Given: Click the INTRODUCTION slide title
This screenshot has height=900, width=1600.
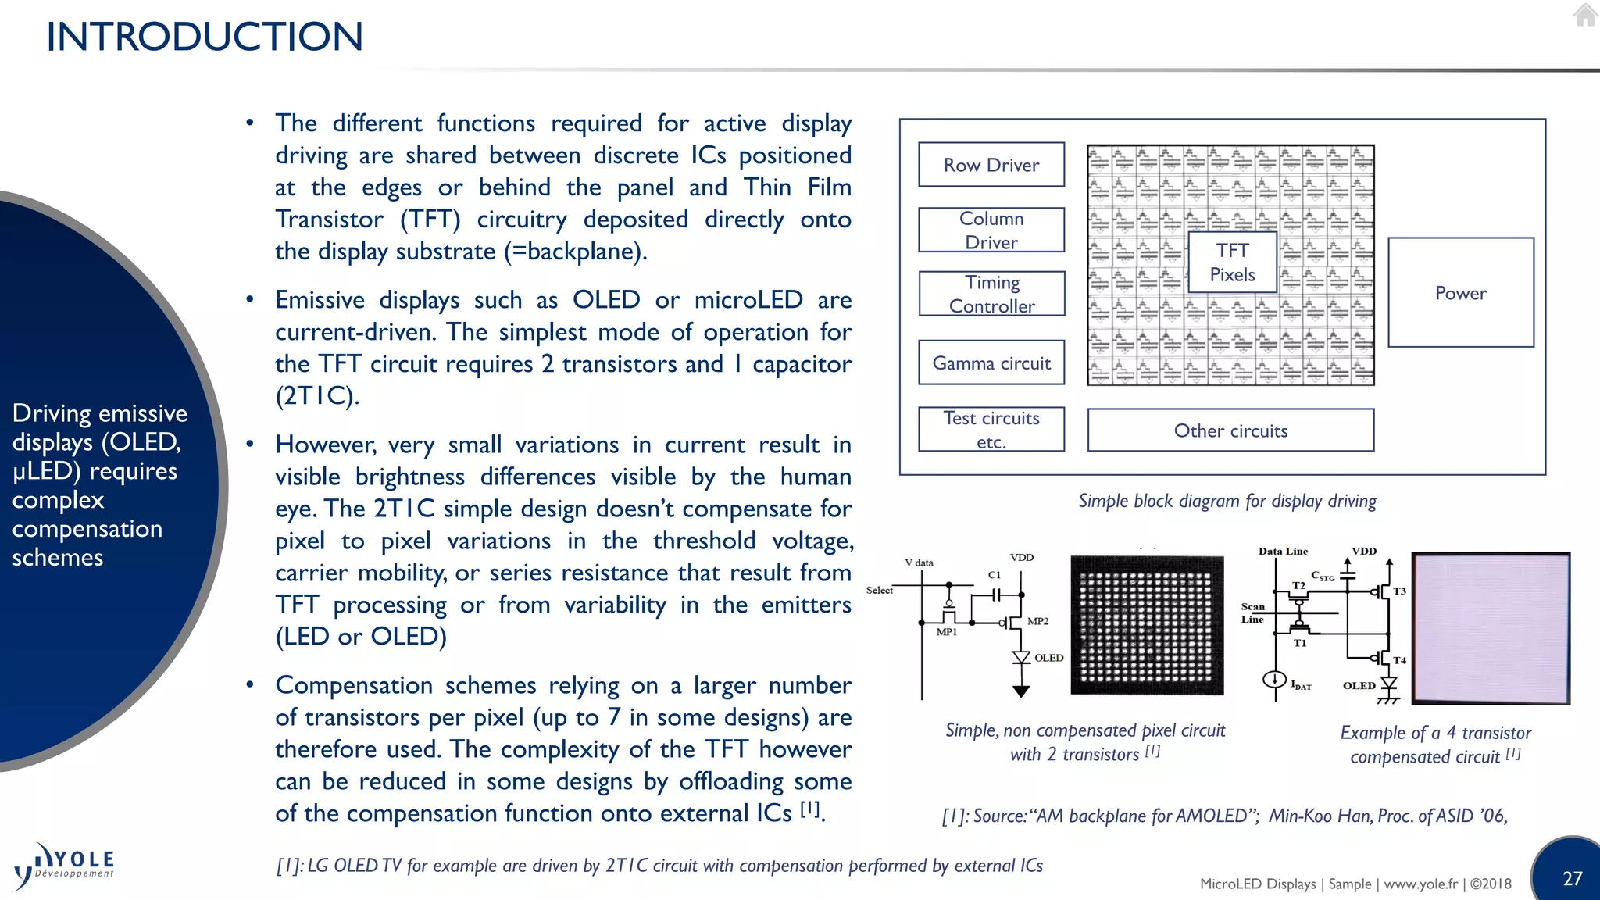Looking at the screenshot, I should pos(205,37).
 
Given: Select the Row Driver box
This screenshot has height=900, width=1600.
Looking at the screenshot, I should pos(991,165).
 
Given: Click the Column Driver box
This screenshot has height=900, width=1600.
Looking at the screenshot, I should pos(991,230).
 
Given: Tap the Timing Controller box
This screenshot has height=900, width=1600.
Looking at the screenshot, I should pos(991,294).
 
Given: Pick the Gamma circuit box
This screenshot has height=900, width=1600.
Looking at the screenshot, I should pos(991,362).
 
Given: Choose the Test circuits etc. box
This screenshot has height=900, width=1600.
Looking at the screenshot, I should pos(991,429).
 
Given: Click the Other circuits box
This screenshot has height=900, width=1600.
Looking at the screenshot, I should pos(1230,430).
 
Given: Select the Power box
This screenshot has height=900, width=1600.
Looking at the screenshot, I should pos(1460,293).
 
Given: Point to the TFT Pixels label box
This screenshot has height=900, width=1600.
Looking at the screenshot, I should pos(1232,262).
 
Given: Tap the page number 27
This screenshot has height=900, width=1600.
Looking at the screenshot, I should pos(1572,878).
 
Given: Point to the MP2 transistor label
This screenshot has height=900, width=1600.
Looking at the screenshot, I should pos(1037,621).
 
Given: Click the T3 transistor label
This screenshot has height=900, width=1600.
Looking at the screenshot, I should pos(1399,591).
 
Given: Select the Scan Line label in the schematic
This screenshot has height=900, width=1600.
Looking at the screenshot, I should pos(1252,612).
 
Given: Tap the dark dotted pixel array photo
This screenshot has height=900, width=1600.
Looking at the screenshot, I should pos(1147,625).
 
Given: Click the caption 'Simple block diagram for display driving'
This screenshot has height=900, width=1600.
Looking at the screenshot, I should pos(1227,501).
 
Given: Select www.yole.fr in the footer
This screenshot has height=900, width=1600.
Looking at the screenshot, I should pos(1420,884).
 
